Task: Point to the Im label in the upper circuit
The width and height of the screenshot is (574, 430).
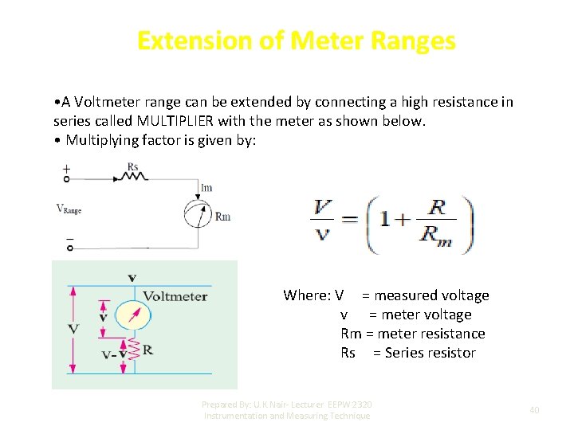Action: tap(206, 188)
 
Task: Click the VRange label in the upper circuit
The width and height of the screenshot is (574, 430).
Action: tap(69, 209)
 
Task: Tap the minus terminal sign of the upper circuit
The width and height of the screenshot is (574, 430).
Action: tap(69, 238)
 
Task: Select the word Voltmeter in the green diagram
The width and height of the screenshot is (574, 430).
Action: tap(175, 296)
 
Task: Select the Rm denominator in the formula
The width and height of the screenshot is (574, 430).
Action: tap(435, 236)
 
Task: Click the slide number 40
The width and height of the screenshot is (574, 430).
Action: tap(534, 410)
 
